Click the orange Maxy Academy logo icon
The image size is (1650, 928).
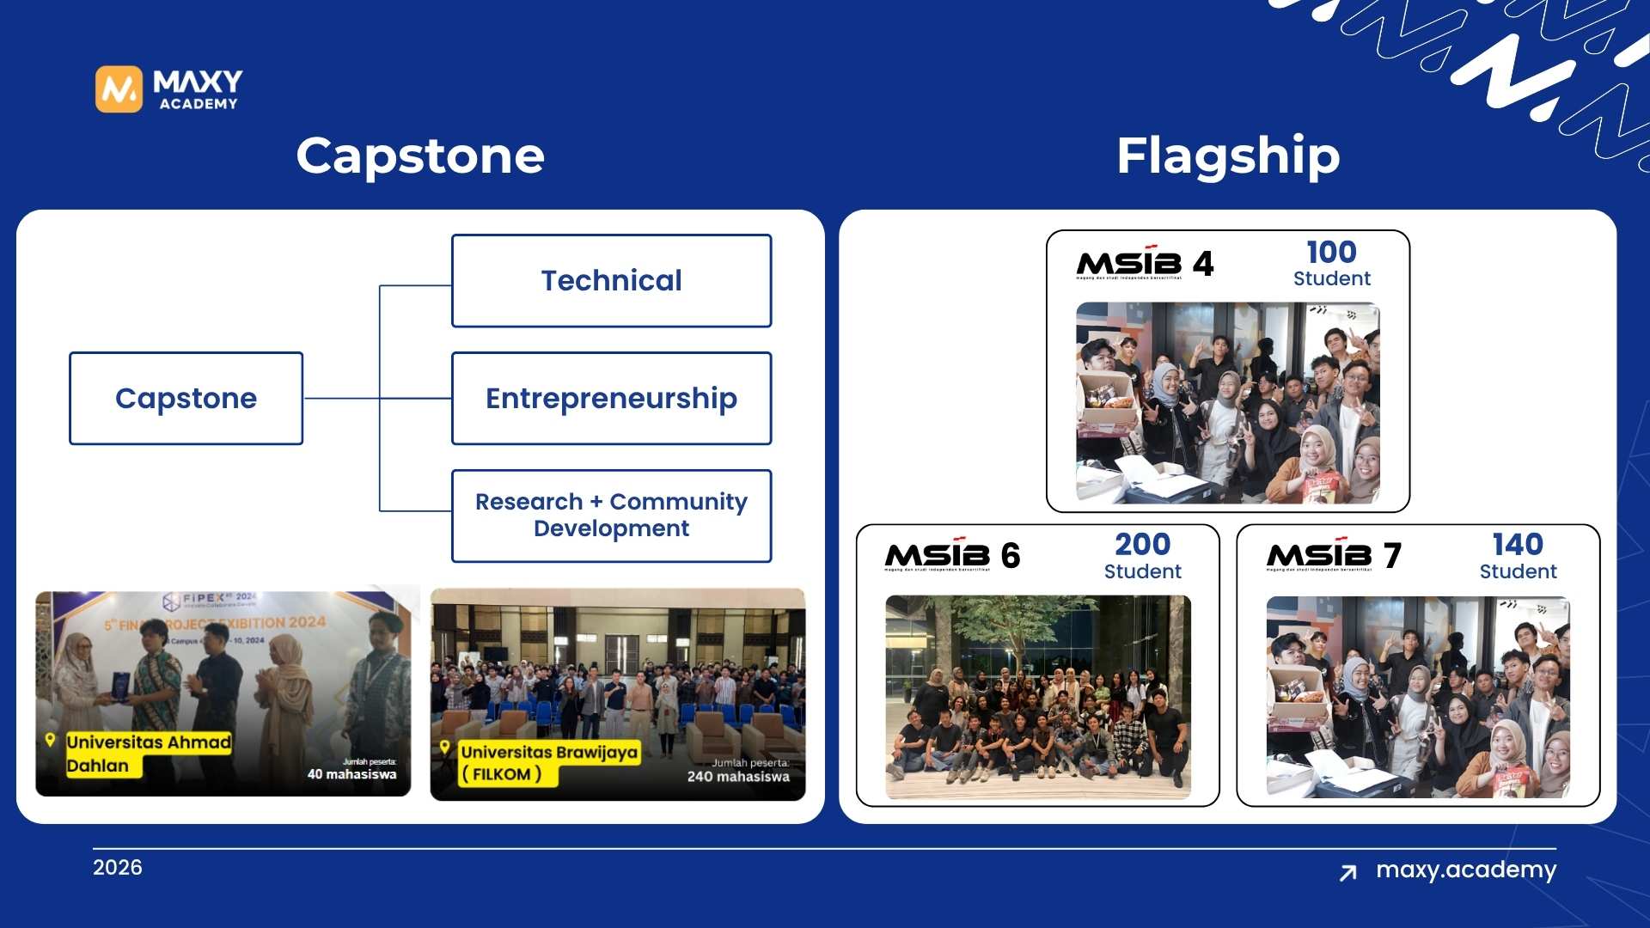coord(119,89)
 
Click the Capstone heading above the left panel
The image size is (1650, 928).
coord(420,156)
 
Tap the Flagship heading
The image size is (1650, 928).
coord(1227,156)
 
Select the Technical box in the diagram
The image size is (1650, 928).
coord(611,281)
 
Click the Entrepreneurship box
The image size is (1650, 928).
coord(611,399)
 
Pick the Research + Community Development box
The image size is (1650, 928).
coord(611,516)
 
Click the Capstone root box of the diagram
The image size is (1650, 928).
coord(186,399)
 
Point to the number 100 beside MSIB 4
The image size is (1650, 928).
coord(1331,253)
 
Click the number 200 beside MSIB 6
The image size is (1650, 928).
coord(1142,545)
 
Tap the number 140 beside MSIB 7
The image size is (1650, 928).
coord(1518,545)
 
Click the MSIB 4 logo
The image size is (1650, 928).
coord(1145,264)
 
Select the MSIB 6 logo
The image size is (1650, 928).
coord(952,556)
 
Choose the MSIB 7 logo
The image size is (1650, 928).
coord(1333,556)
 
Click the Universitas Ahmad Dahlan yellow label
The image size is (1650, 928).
coord(148,754)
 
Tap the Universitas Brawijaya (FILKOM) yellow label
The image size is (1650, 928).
coord(548,763)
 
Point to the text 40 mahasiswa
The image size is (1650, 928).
coord(351,774)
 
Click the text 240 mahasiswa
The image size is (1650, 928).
coord(737,777)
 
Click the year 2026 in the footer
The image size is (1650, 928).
coord(118,868)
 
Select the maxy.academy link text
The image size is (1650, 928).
coord(1465,870)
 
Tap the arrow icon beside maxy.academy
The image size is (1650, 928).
coord(1348,873)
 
